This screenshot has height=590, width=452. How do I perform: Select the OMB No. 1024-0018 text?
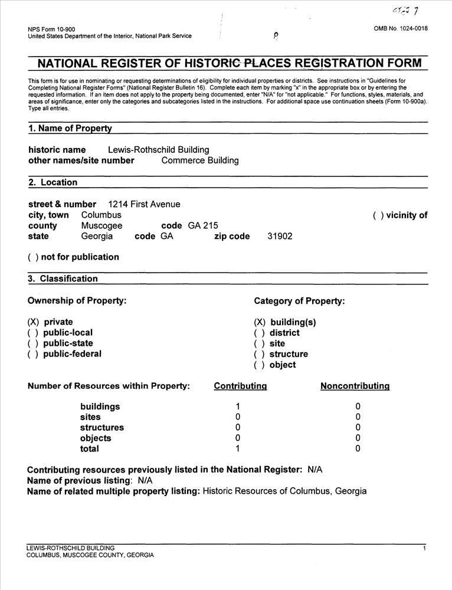coord(401,29)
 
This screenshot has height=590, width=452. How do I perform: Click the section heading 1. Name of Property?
coord(70,129)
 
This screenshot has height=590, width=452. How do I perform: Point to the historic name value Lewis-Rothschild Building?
coord(158,150)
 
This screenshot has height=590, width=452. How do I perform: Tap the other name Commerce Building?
coord(200,160)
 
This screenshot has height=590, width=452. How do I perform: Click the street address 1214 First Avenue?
coord(144,204)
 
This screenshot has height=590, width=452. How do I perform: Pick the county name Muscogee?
coord(101,225)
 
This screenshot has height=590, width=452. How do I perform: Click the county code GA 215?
coord(204,225)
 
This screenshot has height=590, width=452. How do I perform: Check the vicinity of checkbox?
coord(378,215)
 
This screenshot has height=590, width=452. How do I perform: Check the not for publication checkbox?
coord(34,257)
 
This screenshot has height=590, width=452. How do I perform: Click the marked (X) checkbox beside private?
coord(34,322)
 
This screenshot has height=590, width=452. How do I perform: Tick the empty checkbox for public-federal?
coord(34,354)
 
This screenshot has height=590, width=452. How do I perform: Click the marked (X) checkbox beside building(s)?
coord(260,322)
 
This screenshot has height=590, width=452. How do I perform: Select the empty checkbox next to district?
coord(260,333)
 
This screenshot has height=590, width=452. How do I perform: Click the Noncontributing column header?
coord(355,386)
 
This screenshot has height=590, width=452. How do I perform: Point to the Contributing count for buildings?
coord(237,407)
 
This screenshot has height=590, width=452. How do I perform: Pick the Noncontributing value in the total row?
coord(358,449)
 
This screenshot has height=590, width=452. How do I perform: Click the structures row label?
coord(102,428)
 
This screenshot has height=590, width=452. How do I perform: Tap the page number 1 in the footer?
coord(424,549)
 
